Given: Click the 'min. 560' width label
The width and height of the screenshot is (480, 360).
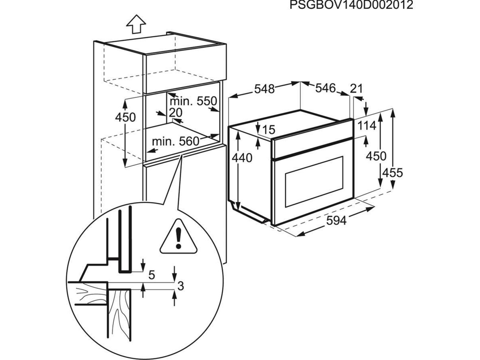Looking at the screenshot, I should tap(175, 141).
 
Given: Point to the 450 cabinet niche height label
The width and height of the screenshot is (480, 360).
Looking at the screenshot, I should tap(125, 117).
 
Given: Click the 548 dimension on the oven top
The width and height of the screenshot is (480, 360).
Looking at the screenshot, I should tap(264, 89).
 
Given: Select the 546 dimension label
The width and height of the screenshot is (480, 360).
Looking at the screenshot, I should tap(325, 88).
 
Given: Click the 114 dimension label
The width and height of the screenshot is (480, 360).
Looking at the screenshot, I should tap(367, 126).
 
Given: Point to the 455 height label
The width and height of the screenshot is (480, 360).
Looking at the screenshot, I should tap(392, 173).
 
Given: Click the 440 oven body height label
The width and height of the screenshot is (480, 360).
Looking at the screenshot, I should tap(242, 158).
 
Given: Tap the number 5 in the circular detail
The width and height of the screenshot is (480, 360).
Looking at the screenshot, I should tap(152, 275).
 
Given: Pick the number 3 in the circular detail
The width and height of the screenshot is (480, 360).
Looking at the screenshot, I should tap(181, 286).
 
